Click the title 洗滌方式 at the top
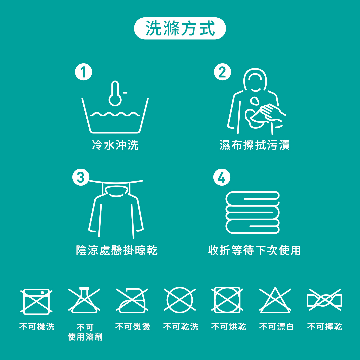click(180, 28)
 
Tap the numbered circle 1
click(84, 72)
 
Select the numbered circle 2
click(222, 72)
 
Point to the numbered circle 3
click(81, 177)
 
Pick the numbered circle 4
click(222, 177)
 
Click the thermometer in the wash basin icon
click(115, 93)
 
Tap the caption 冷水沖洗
click(115, 145)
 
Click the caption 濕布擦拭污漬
click(254, 145)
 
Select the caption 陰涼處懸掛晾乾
click(117, 250)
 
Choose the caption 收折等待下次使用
click(254, 250)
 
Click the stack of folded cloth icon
click(253, 213)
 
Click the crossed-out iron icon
click(132, 301)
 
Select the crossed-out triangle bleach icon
click(275, 300)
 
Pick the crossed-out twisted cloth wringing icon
click(324, 300)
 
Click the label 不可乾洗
click(181, 326)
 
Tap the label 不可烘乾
click(229, 326)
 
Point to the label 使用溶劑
click(85, 337)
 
